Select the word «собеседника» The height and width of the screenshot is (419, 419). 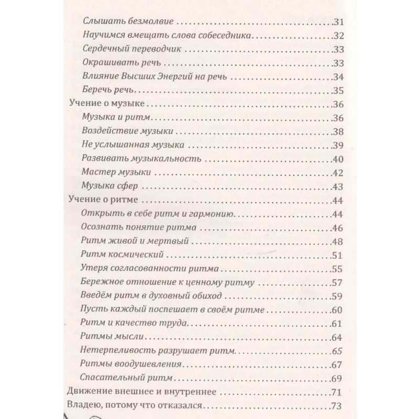[227, 36]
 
